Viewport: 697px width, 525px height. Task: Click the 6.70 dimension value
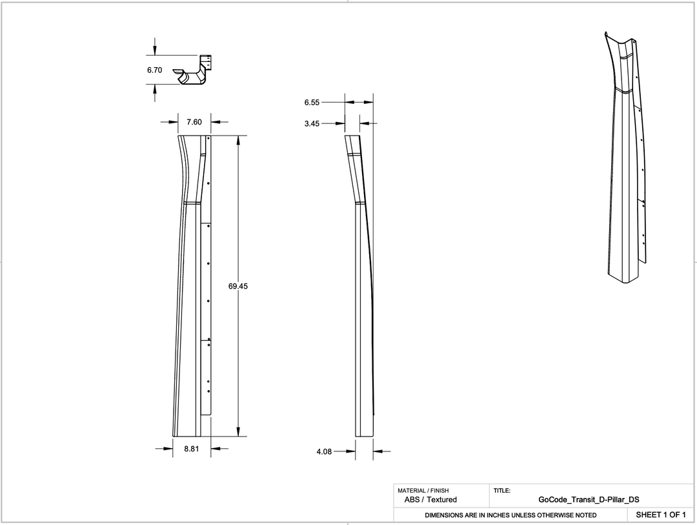pos(154,70)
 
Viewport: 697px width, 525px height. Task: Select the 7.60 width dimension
pos(194,121)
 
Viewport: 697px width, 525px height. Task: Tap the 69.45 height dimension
pos(238,286)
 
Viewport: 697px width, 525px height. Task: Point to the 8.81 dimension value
pos(192,448)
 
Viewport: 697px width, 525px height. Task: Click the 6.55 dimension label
pos(312,102)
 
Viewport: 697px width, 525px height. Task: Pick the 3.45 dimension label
pos(312,123)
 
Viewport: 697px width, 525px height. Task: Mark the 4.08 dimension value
pos(324,451)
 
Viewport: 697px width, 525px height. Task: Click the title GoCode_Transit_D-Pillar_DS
pos(589,499)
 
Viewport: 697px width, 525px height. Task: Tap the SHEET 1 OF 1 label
pos(660,515)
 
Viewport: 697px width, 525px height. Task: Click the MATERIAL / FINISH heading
pos(423,491)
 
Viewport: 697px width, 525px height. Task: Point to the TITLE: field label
pos(502,491)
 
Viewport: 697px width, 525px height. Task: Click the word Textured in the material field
pos(442,499)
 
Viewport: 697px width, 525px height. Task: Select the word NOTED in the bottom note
pos(585,515)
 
